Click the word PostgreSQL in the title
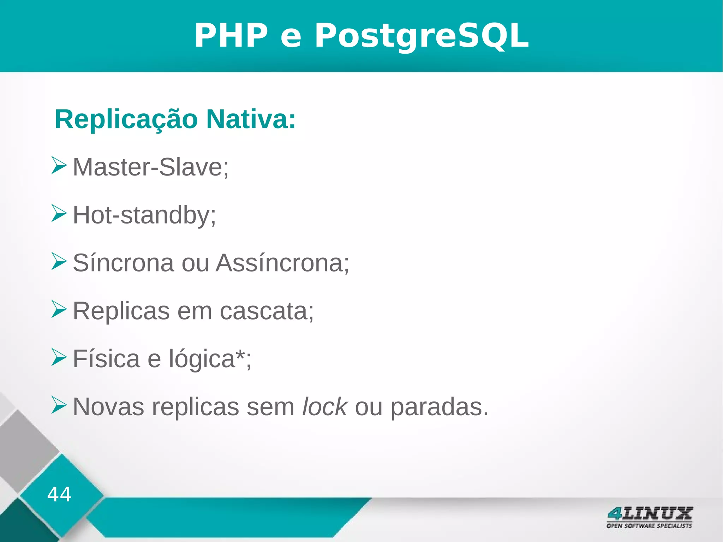422,36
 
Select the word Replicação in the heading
126,120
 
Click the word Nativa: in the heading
251,119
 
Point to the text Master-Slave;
151,167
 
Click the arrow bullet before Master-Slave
59,165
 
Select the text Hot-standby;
144,215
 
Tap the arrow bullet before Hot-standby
59,213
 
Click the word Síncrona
123,263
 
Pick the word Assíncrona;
282,263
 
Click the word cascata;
267,311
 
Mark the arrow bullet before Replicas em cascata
59,309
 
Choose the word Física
106,359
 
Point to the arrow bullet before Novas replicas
59,405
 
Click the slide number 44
59,494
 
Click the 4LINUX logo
649,514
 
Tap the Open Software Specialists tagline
649,526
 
